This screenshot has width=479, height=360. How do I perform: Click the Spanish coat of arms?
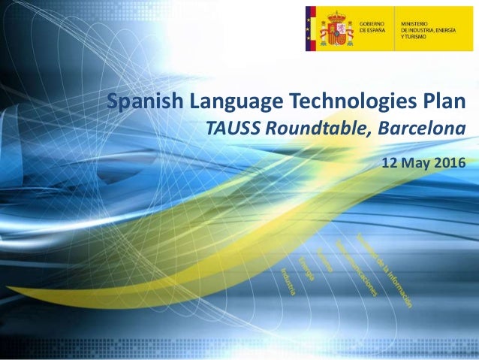click(x=334, y=28)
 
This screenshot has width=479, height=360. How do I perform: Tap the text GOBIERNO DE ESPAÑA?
click(x=375, y=28)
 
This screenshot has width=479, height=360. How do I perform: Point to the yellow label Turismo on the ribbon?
click(x=324, y=260)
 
